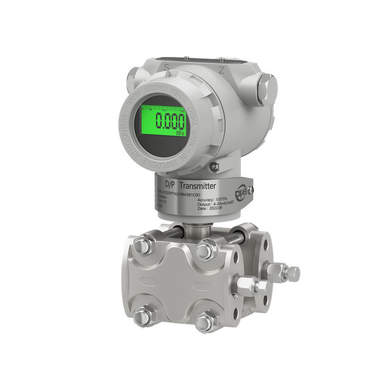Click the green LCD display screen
pyautogui.click(x=163, y=122)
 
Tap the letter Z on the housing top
pyautogui.click(x=221, y=69)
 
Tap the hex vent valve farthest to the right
pyautogui.click(x=292, y=272)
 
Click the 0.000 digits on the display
pyautogui.click(x=169, y=122)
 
